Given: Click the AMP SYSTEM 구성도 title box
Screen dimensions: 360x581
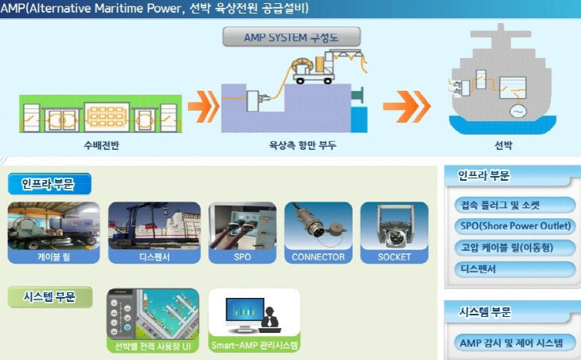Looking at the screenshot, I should [291, 37].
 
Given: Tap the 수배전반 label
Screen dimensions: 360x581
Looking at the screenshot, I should [101, 147].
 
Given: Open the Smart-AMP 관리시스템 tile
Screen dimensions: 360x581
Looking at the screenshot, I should [254, 321].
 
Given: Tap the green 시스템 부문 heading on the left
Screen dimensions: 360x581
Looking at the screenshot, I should [50, 297].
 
